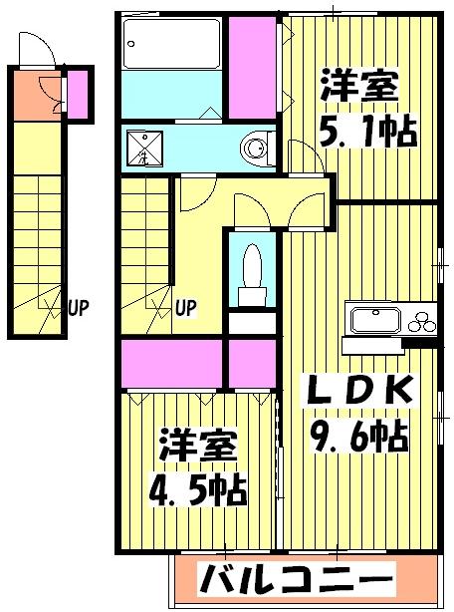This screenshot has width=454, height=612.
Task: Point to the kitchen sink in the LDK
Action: coord(370,321)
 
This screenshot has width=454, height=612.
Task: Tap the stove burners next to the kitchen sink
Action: coord(419,321)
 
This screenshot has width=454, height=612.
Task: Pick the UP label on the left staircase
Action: coord(80,307)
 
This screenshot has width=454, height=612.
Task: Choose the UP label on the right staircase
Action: coord(186,307)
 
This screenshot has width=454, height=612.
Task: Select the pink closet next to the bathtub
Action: coord(253,64)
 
